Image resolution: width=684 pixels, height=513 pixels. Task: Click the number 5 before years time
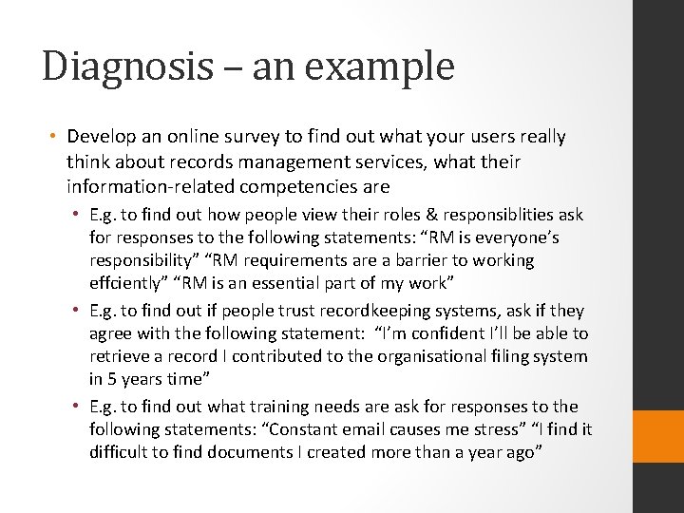point(110,378)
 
